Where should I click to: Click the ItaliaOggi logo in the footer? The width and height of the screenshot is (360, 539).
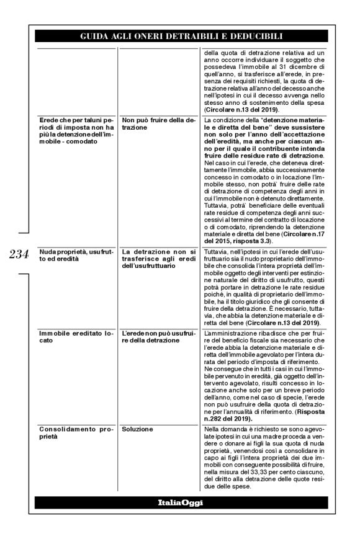click(180, 502)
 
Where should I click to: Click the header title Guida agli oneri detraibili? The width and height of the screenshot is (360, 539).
click(180, 37)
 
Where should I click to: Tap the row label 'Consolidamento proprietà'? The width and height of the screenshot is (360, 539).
click(71, 432)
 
